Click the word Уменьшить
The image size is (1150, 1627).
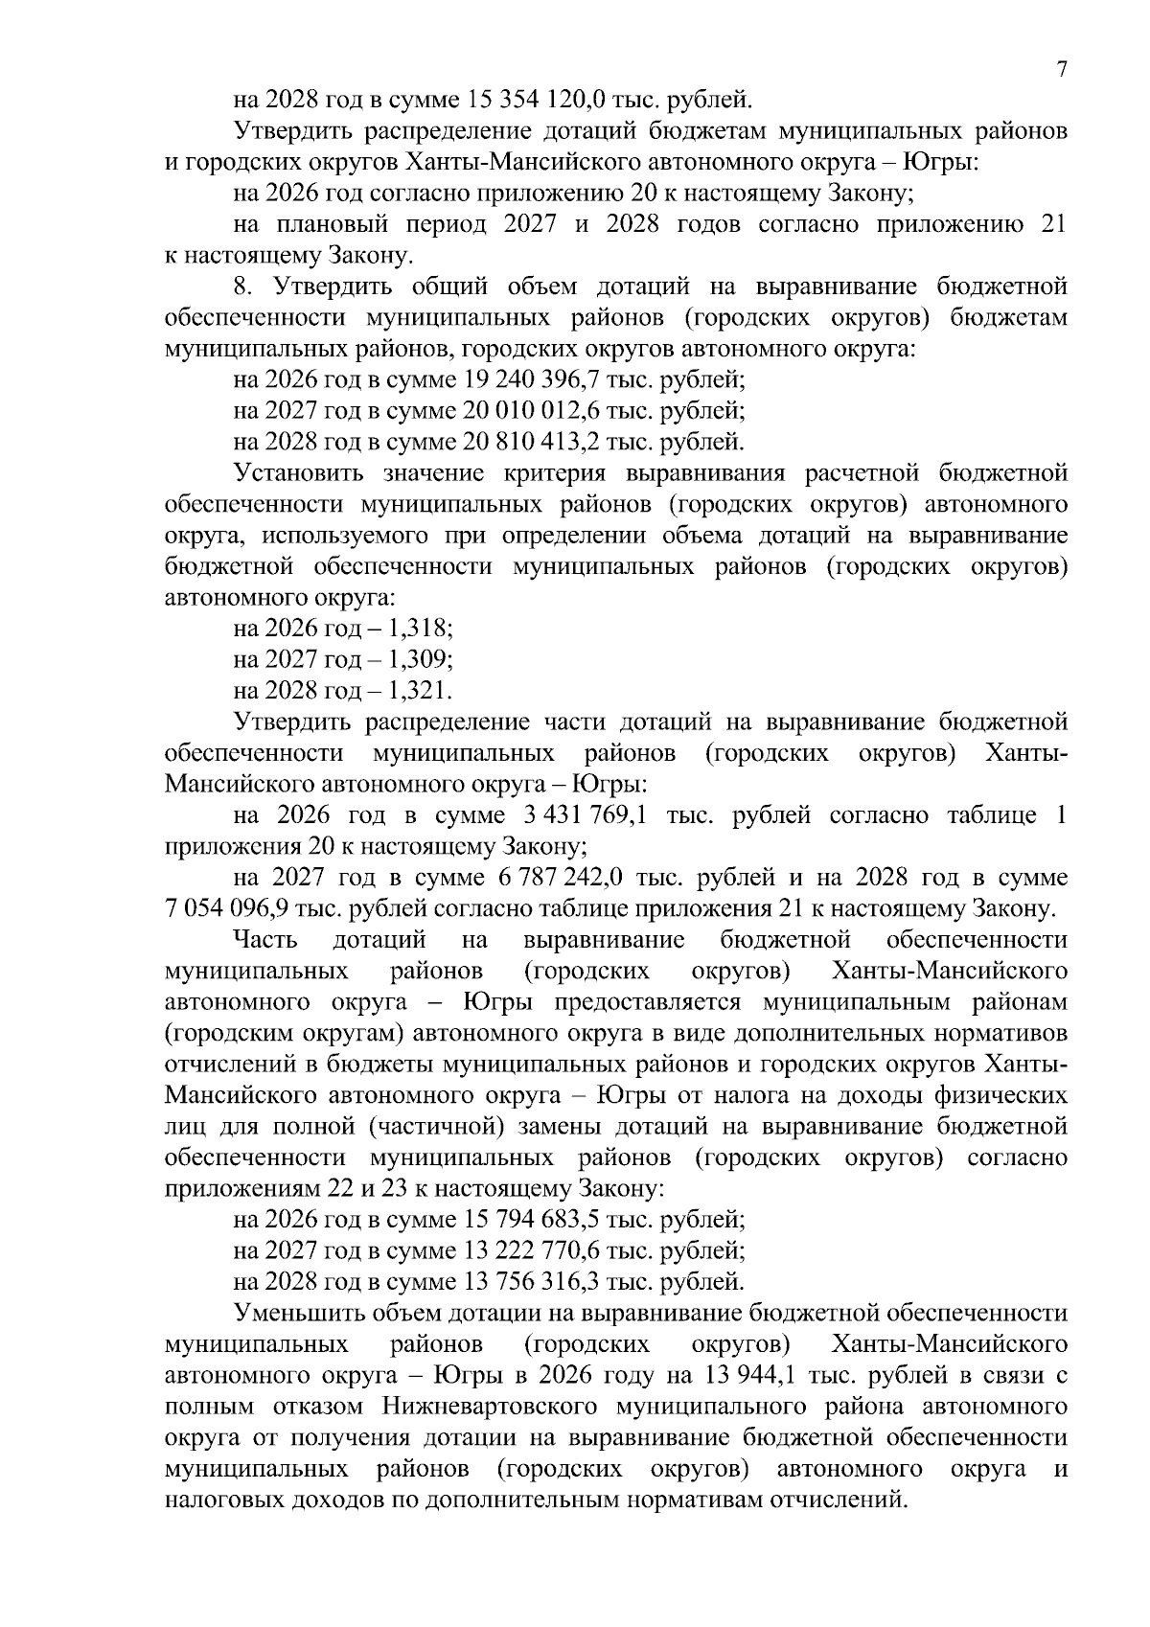pos(296,1314)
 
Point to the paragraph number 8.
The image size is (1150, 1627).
pos(241,286)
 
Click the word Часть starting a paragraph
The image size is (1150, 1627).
pos(266,941)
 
